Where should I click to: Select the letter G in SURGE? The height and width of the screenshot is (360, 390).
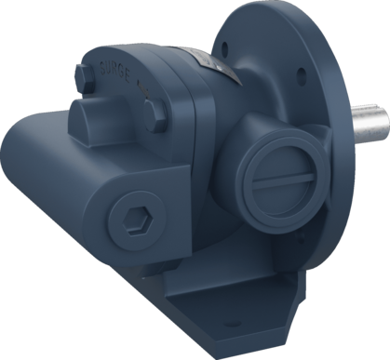128,71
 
